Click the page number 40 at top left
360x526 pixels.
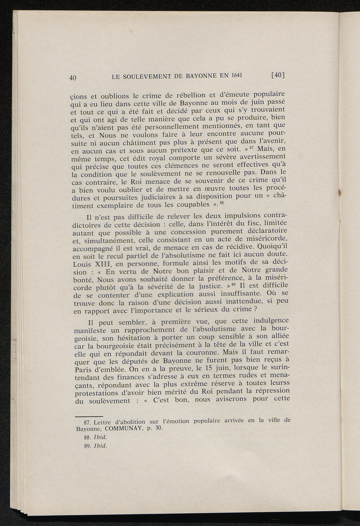pyautogui.click(x=73, y=78)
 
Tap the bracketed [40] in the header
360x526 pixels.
pyautogui.click(x=278, y=75)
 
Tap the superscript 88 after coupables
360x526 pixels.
pyautogui.click(x=222, y=202)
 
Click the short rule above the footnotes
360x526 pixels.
pyautogui.click(x=89, y=415)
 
